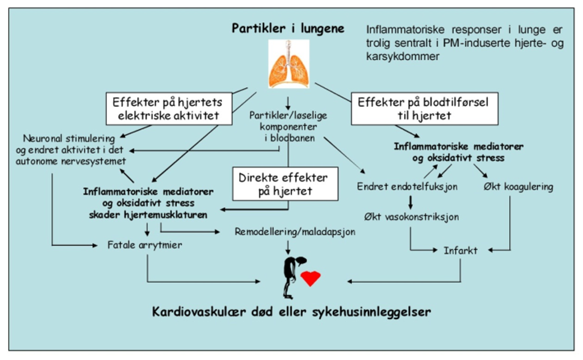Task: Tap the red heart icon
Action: (310, 278)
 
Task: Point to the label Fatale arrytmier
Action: (144, 245)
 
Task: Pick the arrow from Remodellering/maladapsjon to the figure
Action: (288, 245)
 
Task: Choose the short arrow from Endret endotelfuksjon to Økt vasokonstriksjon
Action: (412, 201)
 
